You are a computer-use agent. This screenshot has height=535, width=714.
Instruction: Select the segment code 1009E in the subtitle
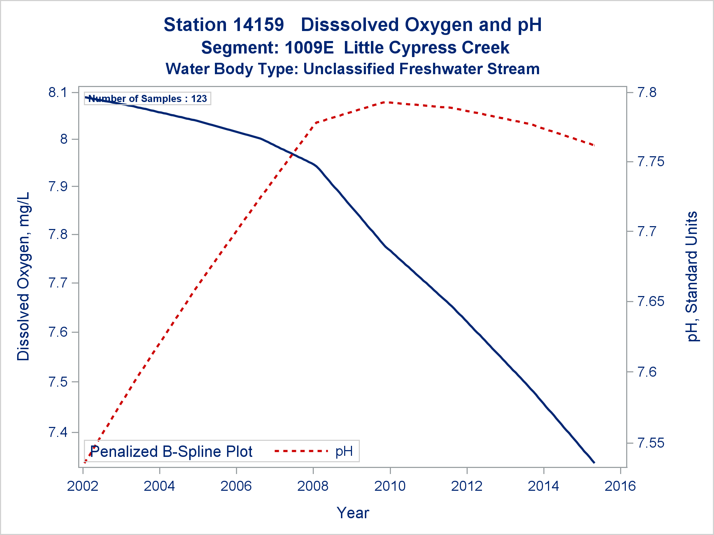pos(309,48)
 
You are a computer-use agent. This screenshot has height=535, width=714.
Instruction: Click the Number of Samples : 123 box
pos(147,98)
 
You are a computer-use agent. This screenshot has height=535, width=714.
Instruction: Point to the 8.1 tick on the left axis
pos(58,93)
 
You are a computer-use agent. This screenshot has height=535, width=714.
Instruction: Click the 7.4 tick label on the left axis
pos(58,432)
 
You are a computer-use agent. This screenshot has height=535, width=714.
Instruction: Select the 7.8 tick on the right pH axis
pos(647,93)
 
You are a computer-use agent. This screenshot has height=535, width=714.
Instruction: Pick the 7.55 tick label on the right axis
pos(651,443)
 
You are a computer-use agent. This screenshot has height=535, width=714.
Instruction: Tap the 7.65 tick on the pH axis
pos(651,302)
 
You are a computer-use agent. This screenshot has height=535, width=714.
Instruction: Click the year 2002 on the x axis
pos(83,486)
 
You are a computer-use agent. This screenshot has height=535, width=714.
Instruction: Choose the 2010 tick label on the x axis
pos(390,486)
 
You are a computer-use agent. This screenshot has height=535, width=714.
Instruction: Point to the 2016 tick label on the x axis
pos(620,486)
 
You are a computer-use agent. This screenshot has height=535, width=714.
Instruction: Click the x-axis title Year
pos(353,513)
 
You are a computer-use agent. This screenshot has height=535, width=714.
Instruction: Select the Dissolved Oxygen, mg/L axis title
pos(23,276)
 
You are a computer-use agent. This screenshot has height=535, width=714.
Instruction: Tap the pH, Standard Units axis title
pos(692,276)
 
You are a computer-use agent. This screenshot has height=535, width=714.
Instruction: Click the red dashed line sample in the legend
pos(301,451)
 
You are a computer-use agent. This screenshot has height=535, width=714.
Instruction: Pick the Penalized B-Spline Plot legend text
pos(171,452)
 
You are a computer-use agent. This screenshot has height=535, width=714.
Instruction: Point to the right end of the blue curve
pos(594,463)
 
